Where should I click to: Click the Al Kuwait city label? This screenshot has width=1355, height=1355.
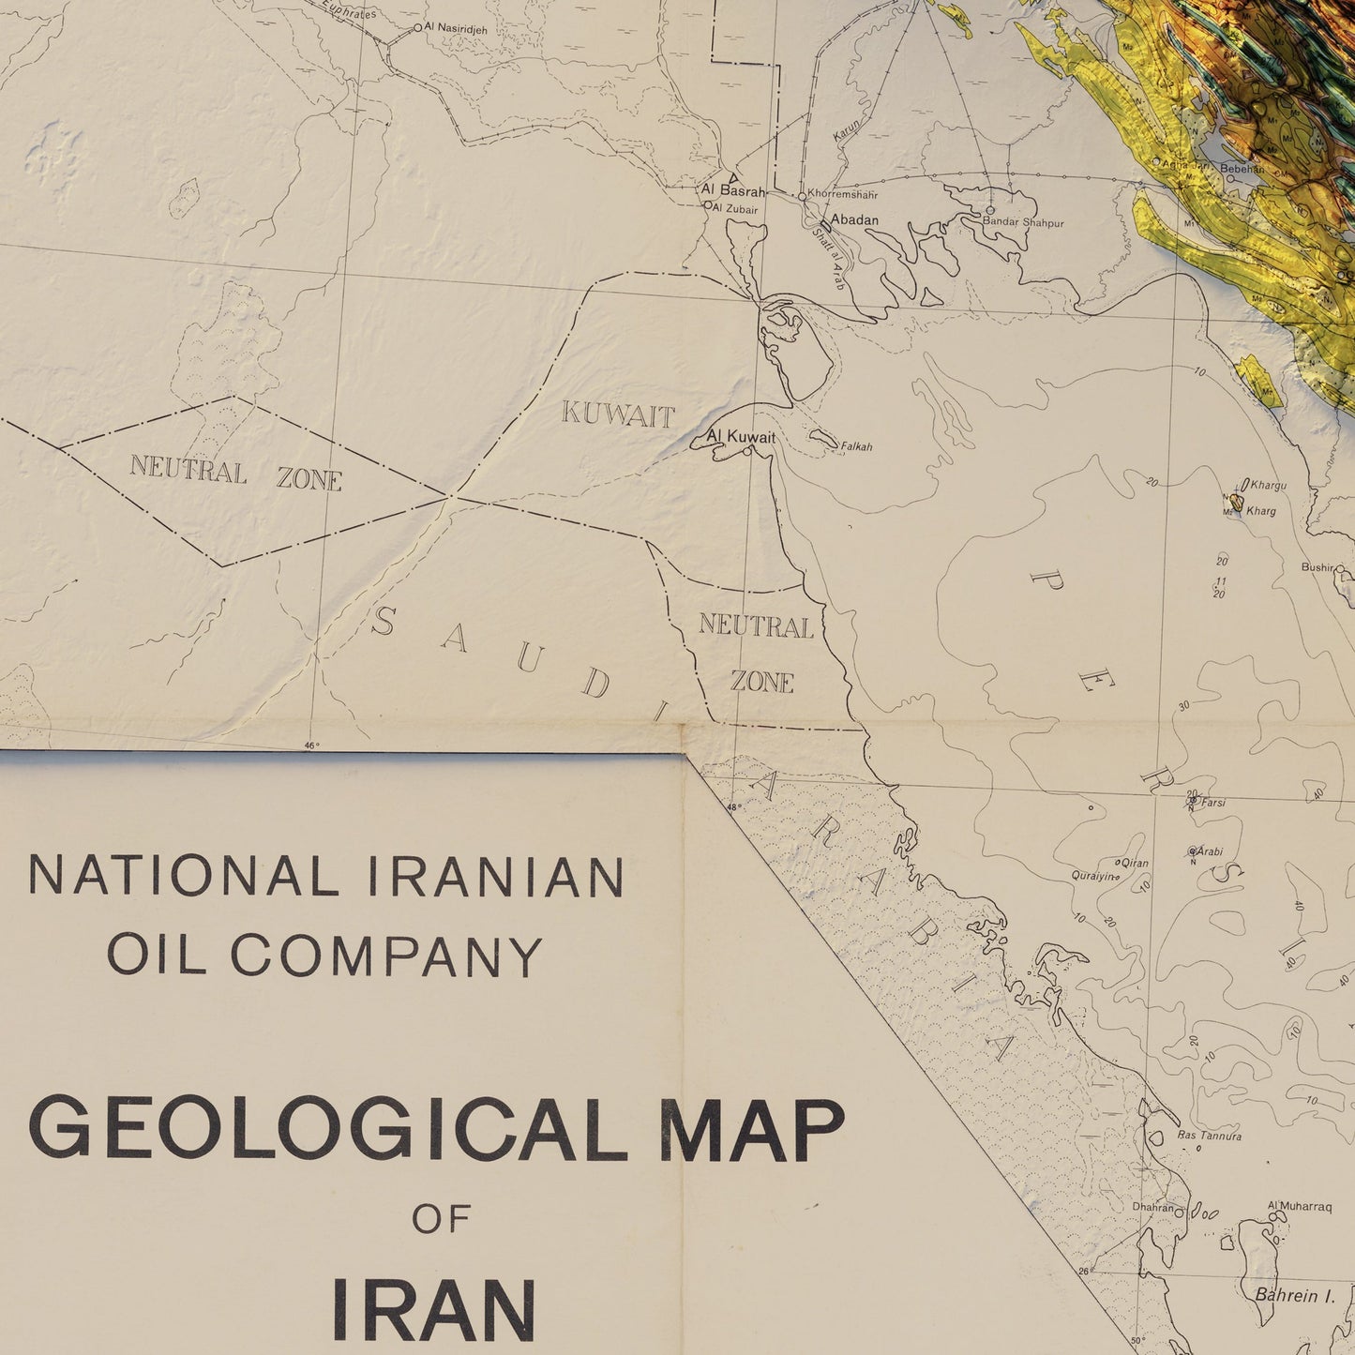(x=741, y=437)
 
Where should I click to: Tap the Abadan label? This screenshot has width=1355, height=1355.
(x=854, y=220)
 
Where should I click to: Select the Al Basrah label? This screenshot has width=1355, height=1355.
(x=733, y=190)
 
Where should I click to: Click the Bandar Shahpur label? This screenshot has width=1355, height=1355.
(x=1023, y=222)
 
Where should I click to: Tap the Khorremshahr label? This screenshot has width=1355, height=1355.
(x=842, y=195)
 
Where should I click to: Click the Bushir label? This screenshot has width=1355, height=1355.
(x=1317, y=567)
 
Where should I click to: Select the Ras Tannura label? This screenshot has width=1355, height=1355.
(x=1210, y=1136)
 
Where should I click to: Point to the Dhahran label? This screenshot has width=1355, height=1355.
(x=1152, y=1207)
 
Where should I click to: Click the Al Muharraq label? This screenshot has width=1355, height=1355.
(x=1300, y=1207)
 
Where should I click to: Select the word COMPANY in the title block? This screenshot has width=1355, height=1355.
(x=386, y=956)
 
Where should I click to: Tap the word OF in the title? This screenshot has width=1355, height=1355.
(x=440, y=1220)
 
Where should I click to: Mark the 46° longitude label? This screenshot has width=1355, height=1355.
(x=311, y=746)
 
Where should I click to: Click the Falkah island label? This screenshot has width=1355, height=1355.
(x=856, y=446)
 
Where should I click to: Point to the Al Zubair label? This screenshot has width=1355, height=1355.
(x=735, y=209)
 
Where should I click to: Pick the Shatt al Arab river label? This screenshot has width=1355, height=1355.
(x=827, y=259)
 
